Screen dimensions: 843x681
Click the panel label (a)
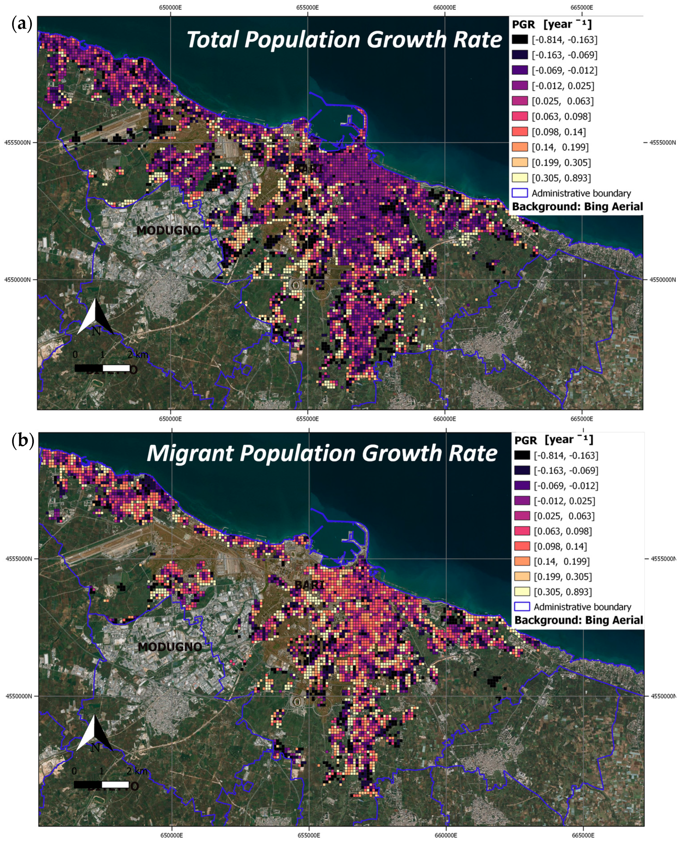click(21, 25)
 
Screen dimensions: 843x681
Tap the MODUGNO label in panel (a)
click(169, 230)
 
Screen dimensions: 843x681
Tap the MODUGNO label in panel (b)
click(170, 647)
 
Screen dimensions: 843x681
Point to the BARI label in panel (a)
click(308, 169)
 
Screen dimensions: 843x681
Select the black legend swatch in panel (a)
click(520, 40)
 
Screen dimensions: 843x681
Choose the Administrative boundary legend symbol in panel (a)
click(520, 193)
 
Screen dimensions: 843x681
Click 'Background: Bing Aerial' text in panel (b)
click(579, 620)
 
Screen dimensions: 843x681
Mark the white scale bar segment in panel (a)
click(116, 368)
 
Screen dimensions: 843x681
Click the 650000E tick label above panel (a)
click(170, 7)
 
